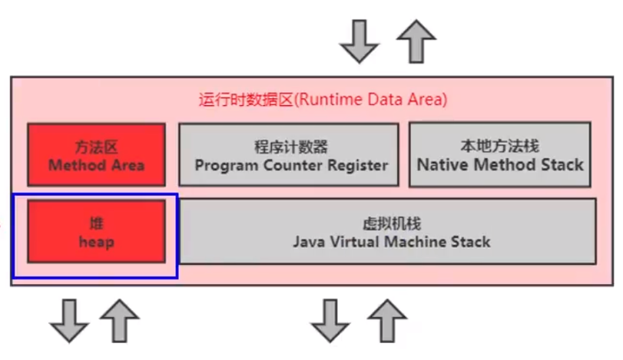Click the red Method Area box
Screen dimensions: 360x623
pos(97,154)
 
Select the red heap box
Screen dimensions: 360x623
pos(97,231)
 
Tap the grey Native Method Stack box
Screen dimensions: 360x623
pos(499,154)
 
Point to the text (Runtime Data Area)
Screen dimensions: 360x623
pos(371,100)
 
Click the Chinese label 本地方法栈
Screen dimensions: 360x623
pos(499,145)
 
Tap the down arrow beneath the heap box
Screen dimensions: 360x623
pos(67,320)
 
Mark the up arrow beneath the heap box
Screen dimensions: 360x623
pos(121,320)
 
